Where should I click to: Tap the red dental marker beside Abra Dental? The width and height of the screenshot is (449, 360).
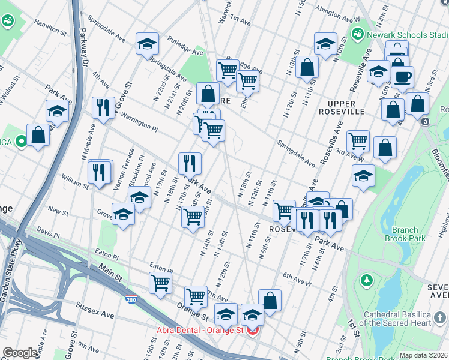point(253,329)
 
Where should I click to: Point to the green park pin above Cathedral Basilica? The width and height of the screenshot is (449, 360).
point(366,280)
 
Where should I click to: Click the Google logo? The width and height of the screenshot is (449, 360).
point(20,352)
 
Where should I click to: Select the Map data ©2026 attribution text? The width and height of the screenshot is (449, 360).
point(423,355)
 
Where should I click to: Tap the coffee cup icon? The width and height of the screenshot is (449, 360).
point(402,76)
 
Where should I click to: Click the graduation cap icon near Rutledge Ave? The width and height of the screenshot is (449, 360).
point(146,43)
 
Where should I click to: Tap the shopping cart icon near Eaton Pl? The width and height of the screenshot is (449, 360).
point(160,282)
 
